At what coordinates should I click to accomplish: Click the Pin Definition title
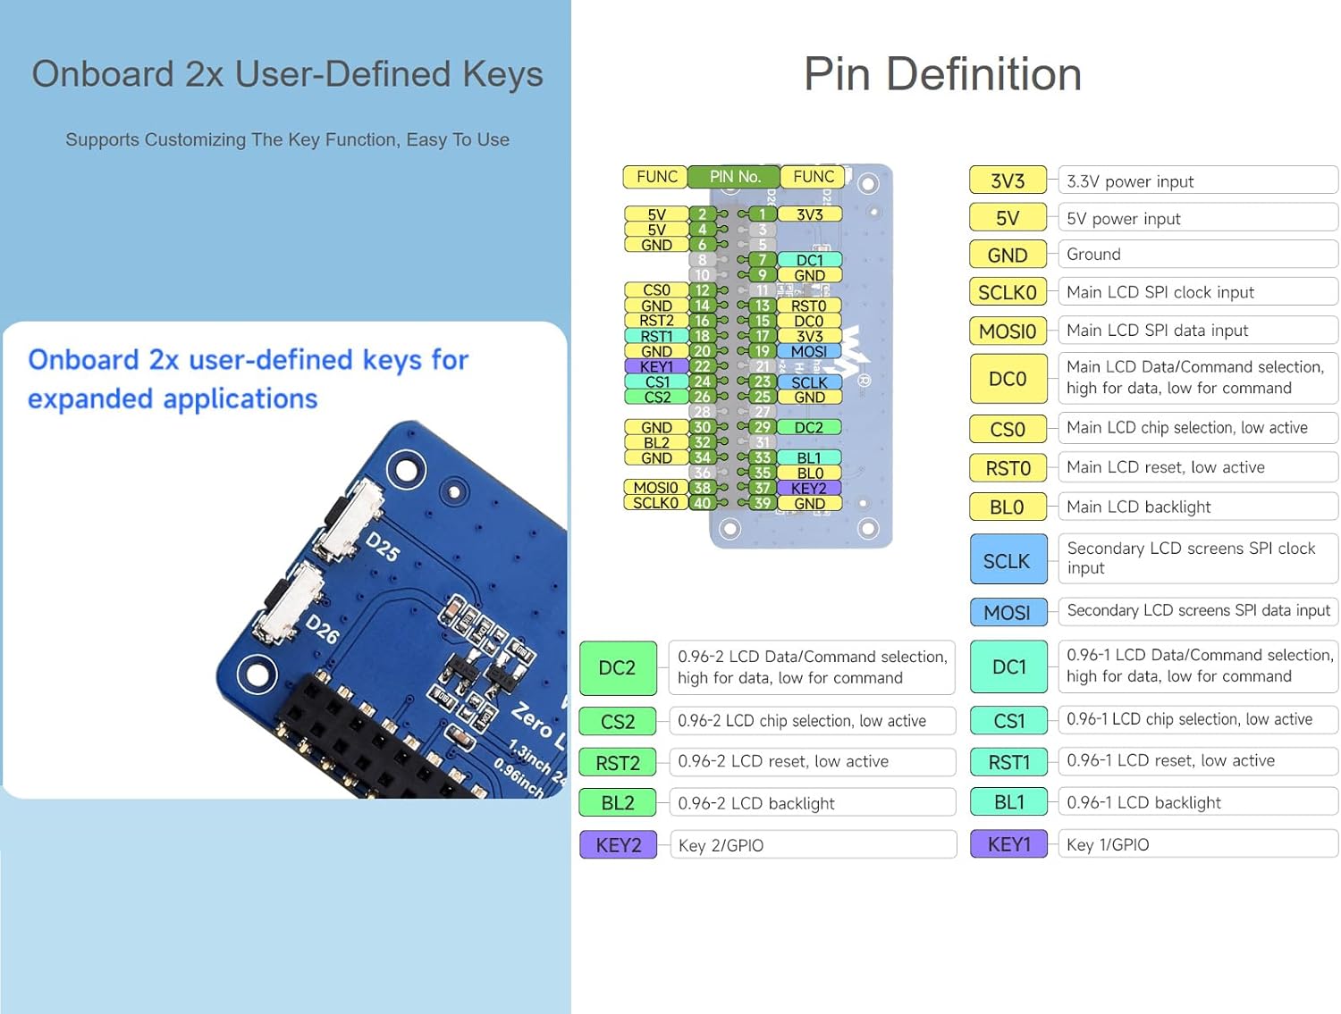942,74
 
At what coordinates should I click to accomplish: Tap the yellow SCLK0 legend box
1007,292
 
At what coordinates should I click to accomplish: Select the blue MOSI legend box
1007,612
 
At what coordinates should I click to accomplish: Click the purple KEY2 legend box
618,844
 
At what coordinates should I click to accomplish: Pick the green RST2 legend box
618,762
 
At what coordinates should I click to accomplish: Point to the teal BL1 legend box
1008,802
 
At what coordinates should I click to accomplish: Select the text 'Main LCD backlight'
1138,507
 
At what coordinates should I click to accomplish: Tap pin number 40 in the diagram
703,503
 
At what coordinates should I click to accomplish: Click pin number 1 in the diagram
762,214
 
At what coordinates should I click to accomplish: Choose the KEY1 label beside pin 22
656,366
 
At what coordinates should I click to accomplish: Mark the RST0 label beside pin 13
808,306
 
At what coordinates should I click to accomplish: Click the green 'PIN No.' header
734,177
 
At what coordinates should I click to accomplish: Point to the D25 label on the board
383,546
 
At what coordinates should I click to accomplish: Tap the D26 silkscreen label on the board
322,628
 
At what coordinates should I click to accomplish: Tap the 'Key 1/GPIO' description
1108,844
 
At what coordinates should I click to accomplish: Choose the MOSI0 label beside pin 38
655,488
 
